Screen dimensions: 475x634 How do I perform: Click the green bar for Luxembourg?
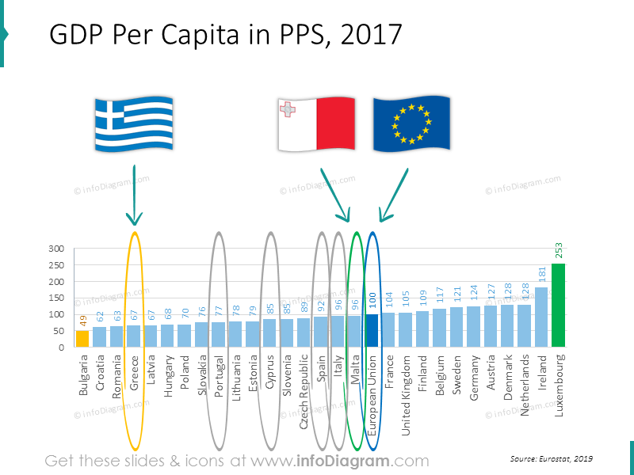[x=558, y=305]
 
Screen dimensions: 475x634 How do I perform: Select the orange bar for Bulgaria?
[x=82, y=338]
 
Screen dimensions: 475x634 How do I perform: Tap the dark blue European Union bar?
[x=372, y=330]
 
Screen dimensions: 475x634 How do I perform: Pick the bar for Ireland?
[x=541, y=317]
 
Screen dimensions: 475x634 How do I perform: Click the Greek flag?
[x=133, y=124]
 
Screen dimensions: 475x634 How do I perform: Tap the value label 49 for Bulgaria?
[x=82, y=321]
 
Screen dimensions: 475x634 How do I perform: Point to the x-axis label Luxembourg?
[x=559, y=386]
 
